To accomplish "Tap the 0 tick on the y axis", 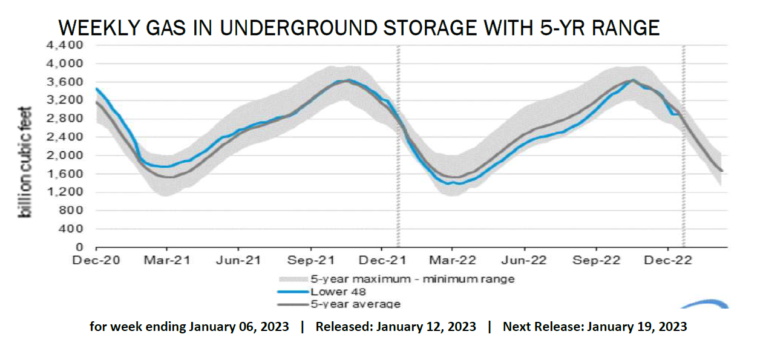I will [x=79, y=247].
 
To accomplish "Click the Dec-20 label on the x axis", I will [x=96, y=260].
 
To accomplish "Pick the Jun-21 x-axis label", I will [x=238, y=260].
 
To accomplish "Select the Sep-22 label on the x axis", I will [x=597, y=260].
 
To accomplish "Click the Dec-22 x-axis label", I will [x=668, y=260].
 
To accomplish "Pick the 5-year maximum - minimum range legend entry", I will [x=412, y=279].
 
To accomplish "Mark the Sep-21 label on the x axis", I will [x=310, y=260].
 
